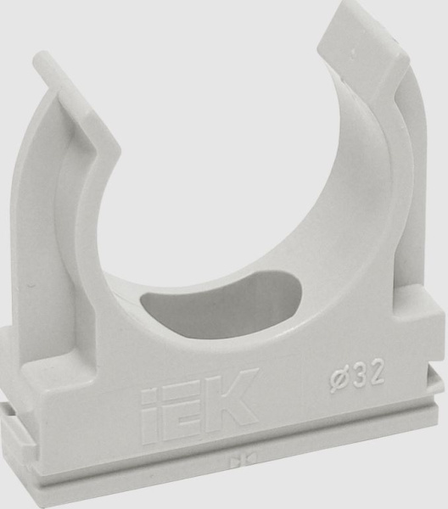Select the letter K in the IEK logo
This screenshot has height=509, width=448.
coord(232,394)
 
